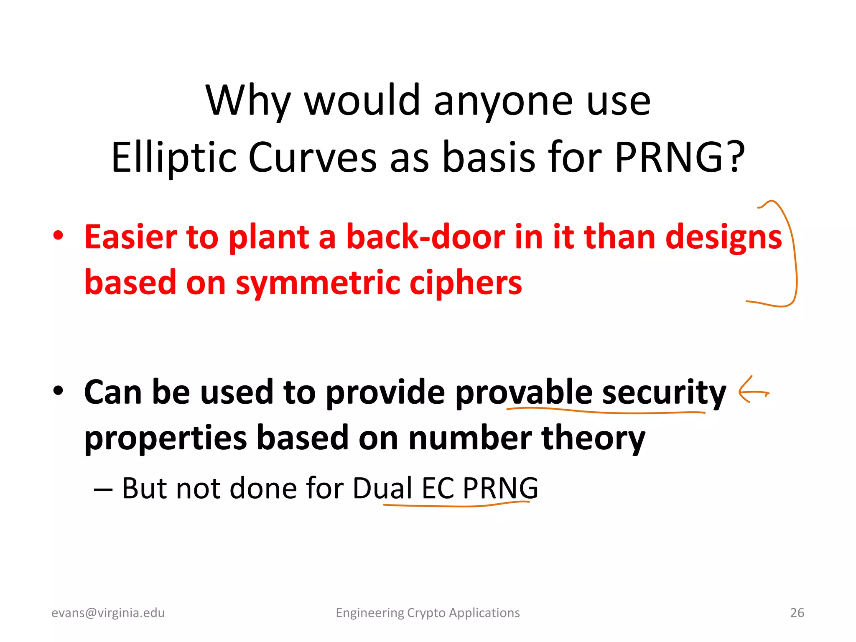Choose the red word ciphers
point(466,283)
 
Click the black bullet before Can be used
point(59,390)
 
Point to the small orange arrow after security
point(752,391)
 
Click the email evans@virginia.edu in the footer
point(108,613)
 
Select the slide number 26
point(797,613)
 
